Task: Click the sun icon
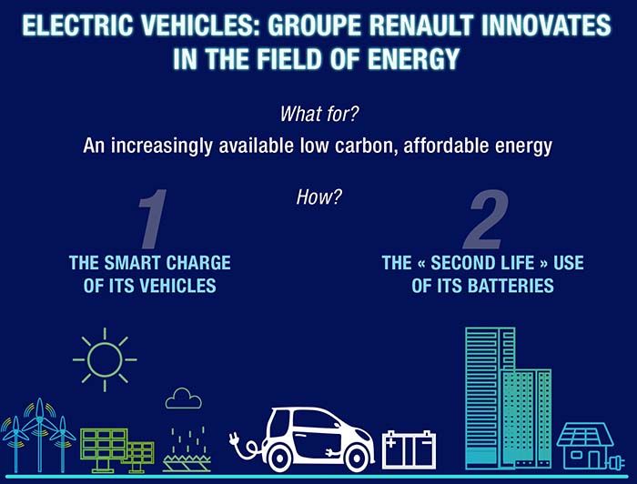pyautogui.click(x=105, y=359)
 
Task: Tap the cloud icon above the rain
pyautogui.click(x=183, y=398)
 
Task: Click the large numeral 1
pyautogui.click(x=153, y=218)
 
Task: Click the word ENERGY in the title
pyautogui.click(x=413, y=59)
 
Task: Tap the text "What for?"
pyautogui.click(x=319, y=114)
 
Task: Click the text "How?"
pyautogui.click(x=318, y=197)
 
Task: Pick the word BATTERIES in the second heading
pyautogui.click(x=511, y=286)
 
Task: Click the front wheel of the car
pyautogui.click(x=357, y=458)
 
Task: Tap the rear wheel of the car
pyautogui.click(x=278, y=458)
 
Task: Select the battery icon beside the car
pyautogui.click(x=409, y=449)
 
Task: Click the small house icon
pyautogui.click(x=586, y=446)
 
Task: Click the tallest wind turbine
pyautogui.click(x=39, y=435)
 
